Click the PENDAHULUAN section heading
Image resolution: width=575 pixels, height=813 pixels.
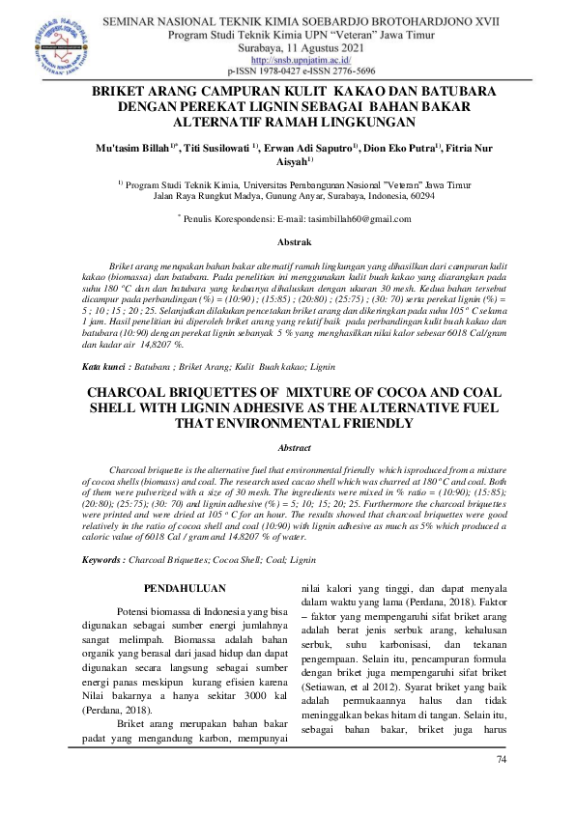[x=184, y=586]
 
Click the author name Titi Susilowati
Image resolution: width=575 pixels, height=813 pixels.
[x=217, y=148]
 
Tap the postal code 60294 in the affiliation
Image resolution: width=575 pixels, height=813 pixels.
[x=421, y=194]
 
